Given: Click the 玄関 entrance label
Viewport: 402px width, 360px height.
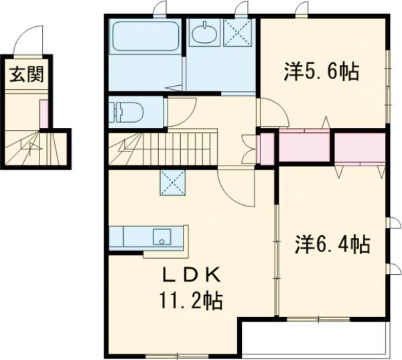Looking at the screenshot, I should click(x=26, y=74).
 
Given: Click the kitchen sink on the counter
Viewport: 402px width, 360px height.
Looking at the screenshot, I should click(x=161, y=237).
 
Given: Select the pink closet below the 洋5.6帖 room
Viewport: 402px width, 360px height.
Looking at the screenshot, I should click(x=303, y=147).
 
